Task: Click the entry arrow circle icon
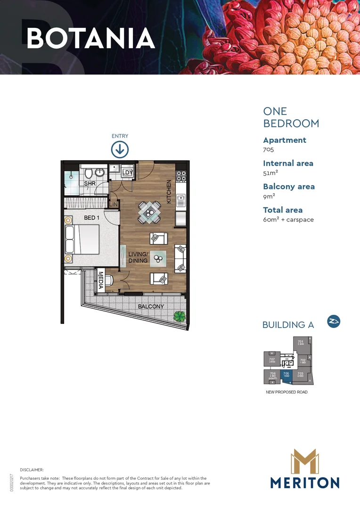(120, 150)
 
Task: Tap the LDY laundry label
(127, 173)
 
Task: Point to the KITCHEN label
(169, 192)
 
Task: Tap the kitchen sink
(180, 201)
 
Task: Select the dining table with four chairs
(149, 212)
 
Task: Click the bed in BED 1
(82, 239)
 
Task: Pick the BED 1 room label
(92, 218)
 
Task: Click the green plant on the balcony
(179, 316)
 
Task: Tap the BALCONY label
(151, 306)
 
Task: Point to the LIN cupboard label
(114, 204)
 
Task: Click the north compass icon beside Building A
(334, 321)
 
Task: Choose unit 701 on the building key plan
(301, 344)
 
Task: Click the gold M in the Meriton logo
(304, 461)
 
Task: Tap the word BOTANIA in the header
(90, 39)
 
